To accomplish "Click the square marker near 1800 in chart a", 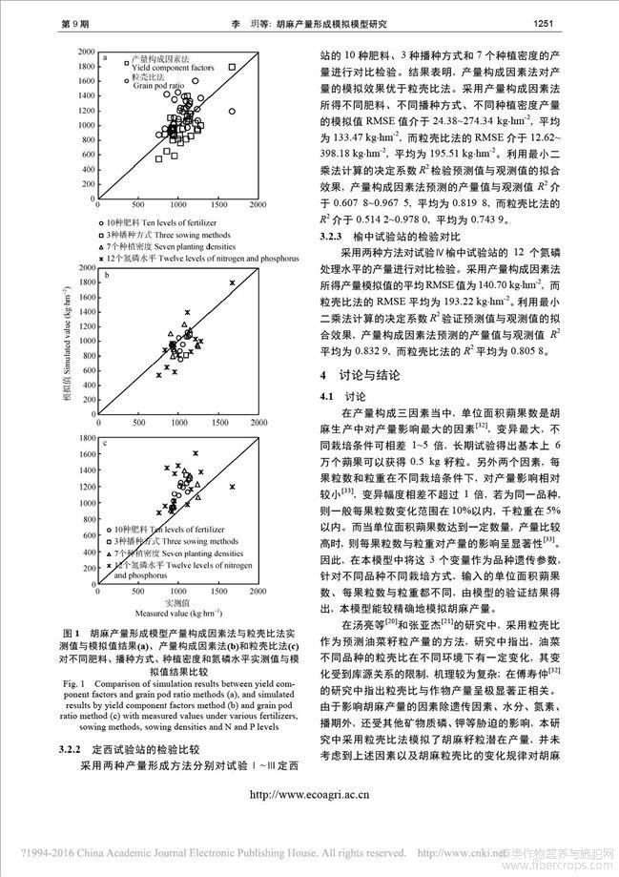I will (232, 68).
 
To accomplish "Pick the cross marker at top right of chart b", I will (232, 282).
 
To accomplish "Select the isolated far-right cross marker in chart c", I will (232, 486).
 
